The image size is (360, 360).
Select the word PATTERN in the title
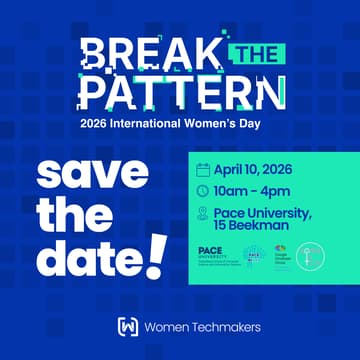coord(179,92)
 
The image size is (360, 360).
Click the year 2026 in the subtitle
coord(99,125)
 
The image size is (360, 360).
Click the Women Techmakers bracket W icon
coord(127,327)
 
